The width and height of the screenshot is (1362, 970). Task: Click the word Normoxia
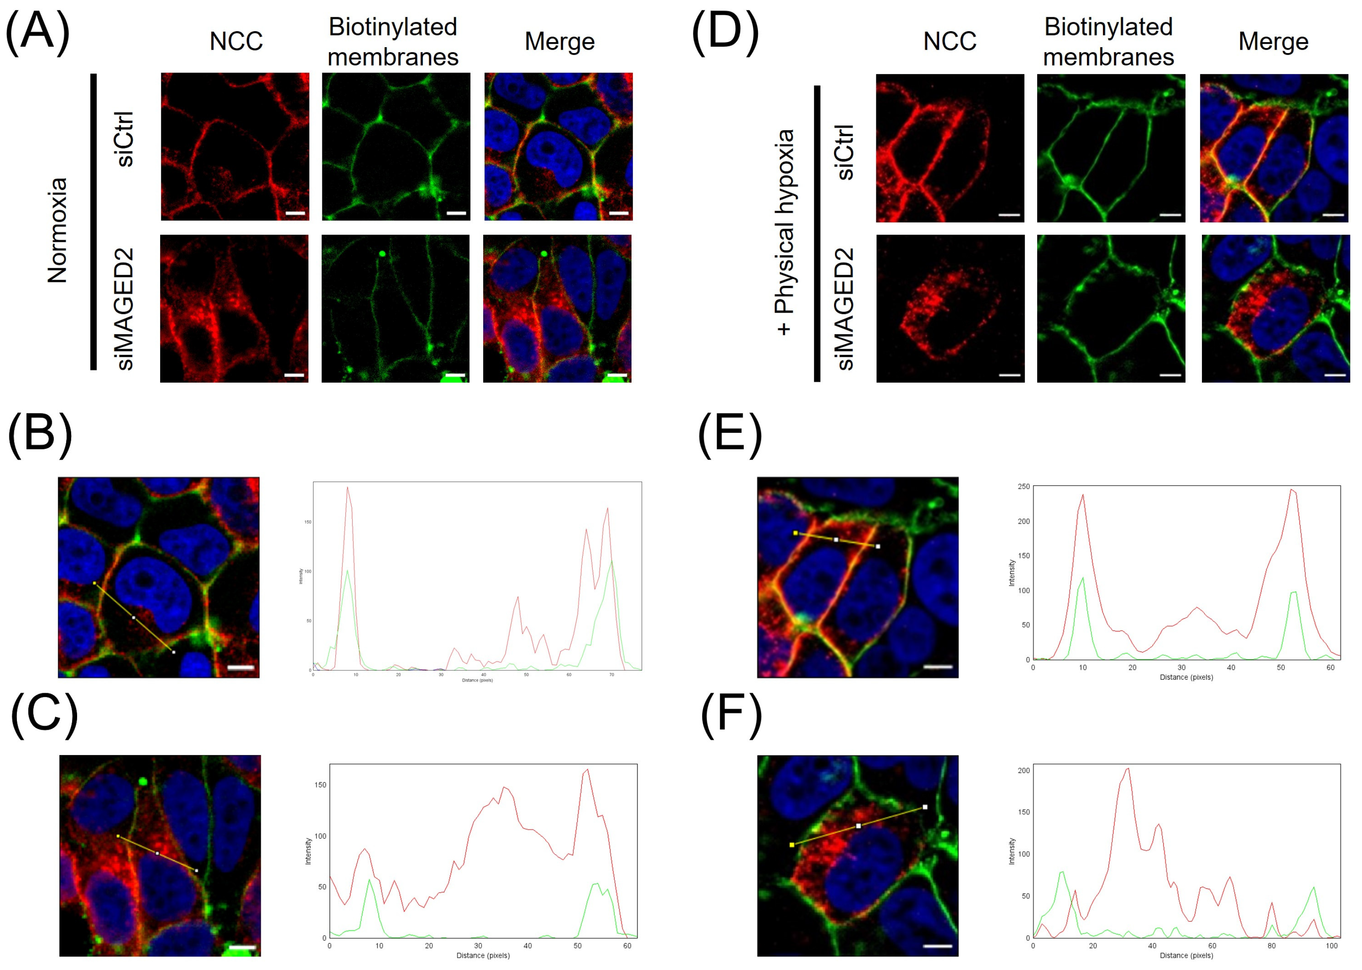coord(58,230)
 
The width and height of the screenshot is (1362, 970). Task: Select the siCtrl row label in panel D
coord(845,152)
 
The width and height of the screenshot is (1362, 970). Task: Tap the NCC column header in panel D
coord(950,42)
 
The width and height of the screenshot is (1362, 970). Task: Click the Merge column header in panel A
coord(559,42)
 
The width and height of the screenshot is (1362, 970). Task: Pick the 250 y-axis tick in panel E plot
coord(1023,487)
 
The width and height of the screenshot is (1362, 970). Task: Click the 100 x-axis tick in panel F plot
coord(1332,946)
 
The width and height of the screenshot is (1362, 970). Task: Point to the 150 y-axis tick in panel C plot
coord(321,785)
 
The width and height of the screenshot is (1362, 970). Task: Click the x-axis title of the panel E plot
coord(1186,677)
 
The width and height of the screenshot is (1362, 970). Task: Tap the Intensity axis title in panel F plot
coord(1011,851)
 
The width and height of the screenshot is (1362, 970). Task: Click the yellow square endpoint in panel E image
coord(795,533)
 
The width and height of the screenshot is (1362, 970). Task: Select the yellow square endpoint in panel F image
coord(792,844)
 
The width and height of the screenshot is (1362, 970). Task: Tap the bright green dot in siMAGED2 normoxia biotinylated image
coord(381,253)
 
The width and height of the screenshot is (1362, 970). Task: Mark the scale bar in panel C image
coord(242,947)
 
